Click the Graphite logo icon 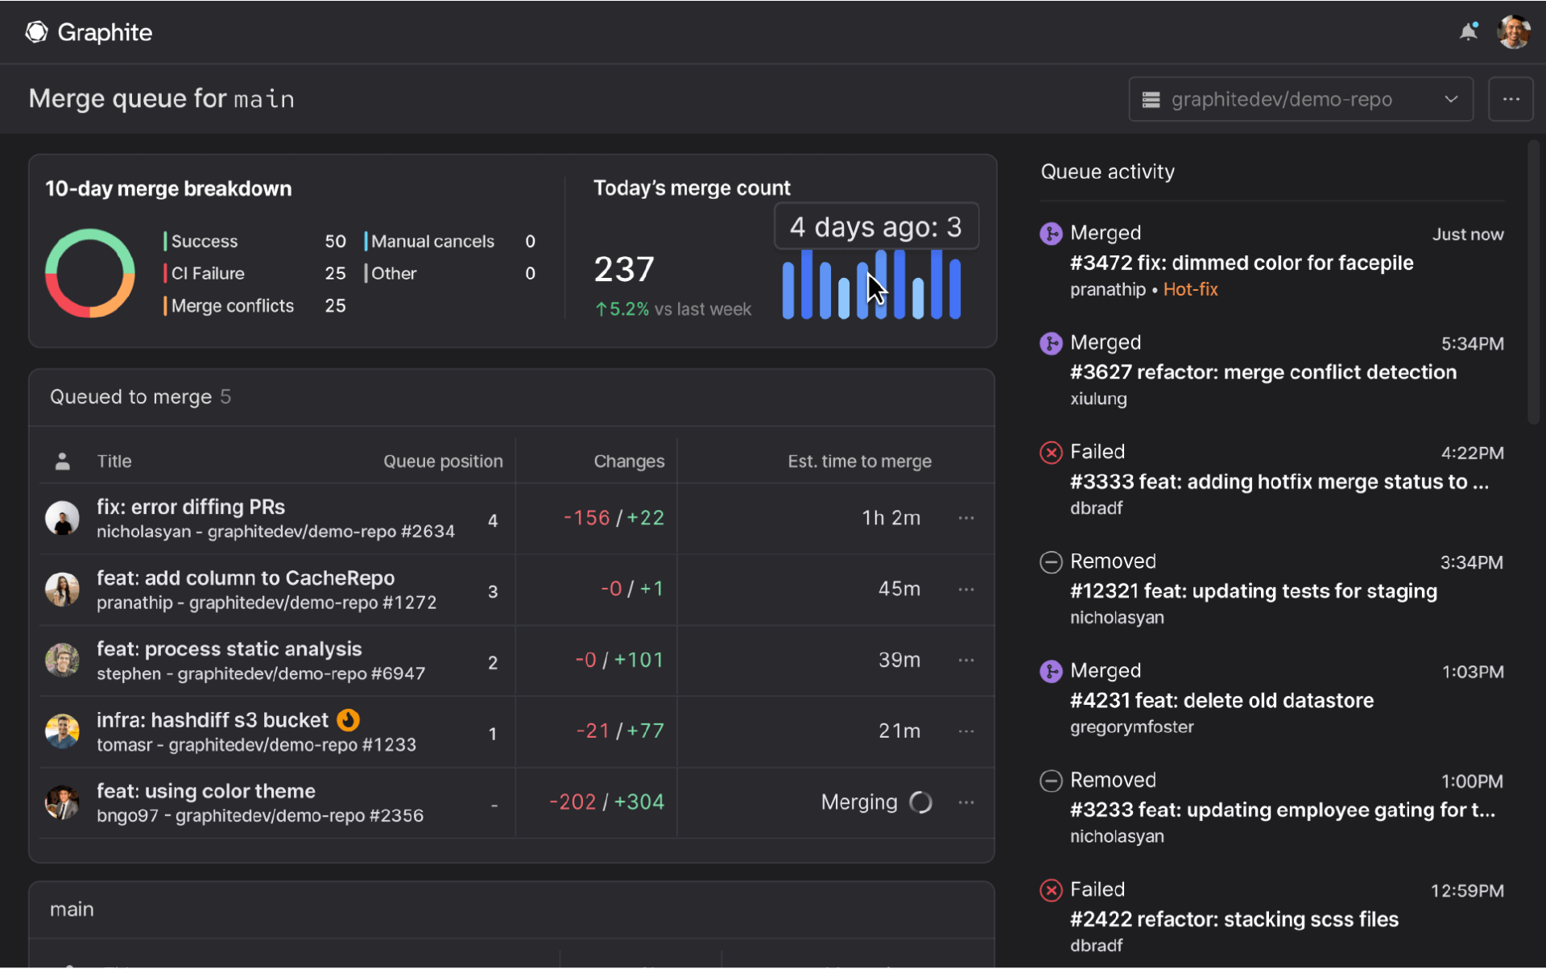(x=36, y=32)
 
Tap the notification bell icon (x=1469, y=32)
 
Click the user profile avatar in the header (x=1513, y=32)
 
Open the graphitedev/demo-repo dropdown (x=1300, y=99)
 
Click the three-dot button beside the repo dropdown (x=1511, y=99)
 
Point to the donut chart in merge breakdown (x=89, y=273)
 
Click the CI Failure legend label (x=208, y=274)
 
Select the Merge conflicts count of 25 (x=335, y=306)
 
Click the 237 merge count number (x=624, y=269)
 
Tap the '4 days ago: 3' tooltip (x=876, y=227)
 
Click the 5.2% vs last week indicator (x=672, y=309)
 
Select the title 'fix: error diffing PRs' (x=191, y=507)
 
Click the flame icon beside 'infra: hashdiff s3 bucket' (x=348, y=719)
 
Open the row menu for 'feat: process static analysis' (x=966, y=660)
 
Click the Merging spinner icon (x=920, y=802)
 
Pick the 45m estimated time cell (x=899, y=589)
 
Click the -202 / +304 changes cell (x=606, y=802)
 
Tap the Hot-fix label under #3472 (x=1190, y=290)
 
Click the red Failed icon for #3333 (x=1051, y=453)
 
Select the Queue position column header (x=443, y=462)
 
